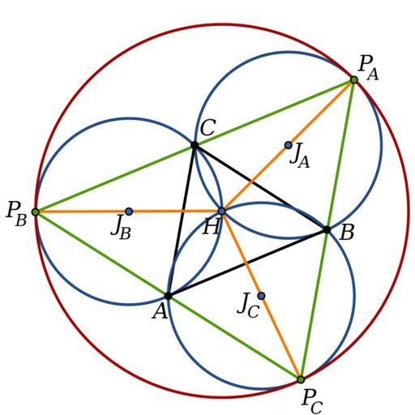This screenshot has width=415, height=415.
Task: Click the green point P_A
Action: click(354, 79)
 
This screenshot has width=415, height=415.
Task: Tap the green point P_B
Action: click(36, 212)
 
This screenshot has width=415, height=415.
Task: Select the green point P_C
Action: click(301, 379)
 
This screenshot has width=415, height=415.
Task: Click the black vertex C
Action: click(195, 145)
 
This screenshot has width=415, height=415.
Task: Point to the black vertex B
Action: click(327, 230)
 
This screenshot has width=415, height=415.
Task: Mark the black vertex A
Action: click(169, 296)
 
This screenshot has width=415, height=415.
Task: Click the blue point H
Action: click(222, 212)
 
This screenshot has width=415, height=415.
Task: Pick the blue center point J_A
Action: click(289, 145)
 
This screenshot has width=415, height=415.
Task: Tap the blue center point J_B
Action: click(129, 212)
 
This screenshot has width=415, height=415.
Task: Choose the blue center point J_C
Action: click(261, 296)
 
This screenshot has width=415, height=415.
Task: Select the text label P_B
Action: click(17, 214)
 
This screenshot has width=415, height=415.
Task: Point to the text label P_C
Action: click(312, 402)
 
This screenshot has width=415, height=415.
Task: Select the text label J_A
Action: click(299, 156)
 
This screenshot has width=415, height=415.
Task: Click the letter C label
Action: click(207, 128)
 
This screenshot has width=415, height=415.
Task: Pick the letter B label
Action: click(347, 233)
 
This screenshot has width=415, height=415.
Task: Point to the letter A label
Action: click(160, 311)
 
